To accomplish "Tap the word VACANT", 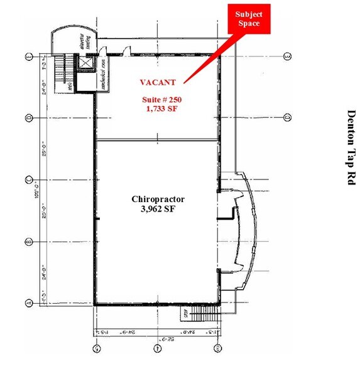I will pos(157,82).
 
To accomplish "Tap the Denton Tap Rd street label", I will pos(352,147).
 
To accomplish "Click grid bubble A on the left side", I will pos(28,302).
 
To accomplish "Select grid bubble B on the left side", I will pos(28,242).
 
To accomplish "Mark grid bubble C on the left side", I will pos(28,180).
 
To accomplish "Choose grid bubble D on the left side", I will pos(28,117).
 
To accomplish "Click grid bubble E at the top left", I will pos(28,57).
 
